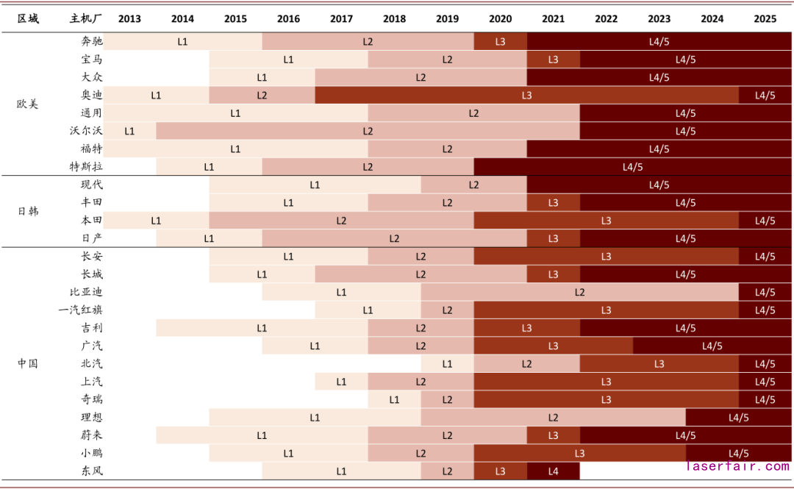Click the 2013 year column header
(129, 19)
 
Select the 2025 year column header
(765, 19)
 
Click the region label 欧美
(27, 104)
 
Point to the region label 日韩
(27, 212)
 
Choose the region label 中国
(27, 363)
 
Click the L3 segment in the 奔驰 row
(500, 42)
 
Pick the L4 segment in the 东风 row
(553, 471)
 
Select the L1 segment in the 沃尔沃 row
(129, 131)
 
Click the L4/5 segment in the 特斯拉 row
(632, 167)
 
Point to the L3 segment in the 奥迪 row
(526, 96)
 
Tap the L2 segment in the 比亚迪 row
(579, 293)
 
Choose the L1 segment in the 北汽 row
(447, 364)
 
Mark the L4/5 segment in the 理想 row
(738, 418)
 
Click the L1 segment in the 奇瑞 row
(394, 400)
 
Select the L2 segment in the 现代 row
(473, 185)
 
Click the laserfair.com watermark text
(737, 466)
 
